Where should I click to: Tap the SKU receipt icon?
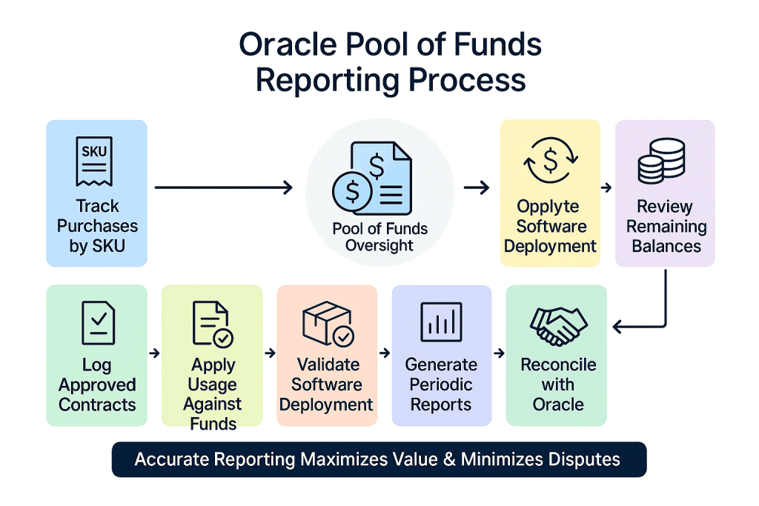[x=94, y=160]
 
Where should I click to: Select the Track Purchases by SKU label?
[x=97, y=226]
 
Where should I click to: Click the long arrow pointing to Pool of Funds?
[x=223, y=187]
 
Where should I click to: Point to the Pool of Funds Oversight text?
[x=379, y=237]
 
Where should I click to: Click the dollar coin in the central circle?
[x=353, y=191]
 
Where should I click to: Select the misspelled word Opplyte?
[x=548, y=207]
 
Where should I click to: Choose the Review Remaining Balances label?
[x=666, y=226]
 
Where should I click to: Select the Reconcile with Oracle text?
[x=557, y=385]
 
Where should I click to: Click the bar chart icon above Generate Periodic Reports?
[x=441, y=322]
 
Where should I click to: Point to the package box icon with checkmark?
[x=328, y=324]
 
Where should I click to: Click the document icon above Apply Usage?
[x=211, y=324]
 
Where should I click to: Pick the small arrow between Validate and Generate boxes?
[x=384, y=353]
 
